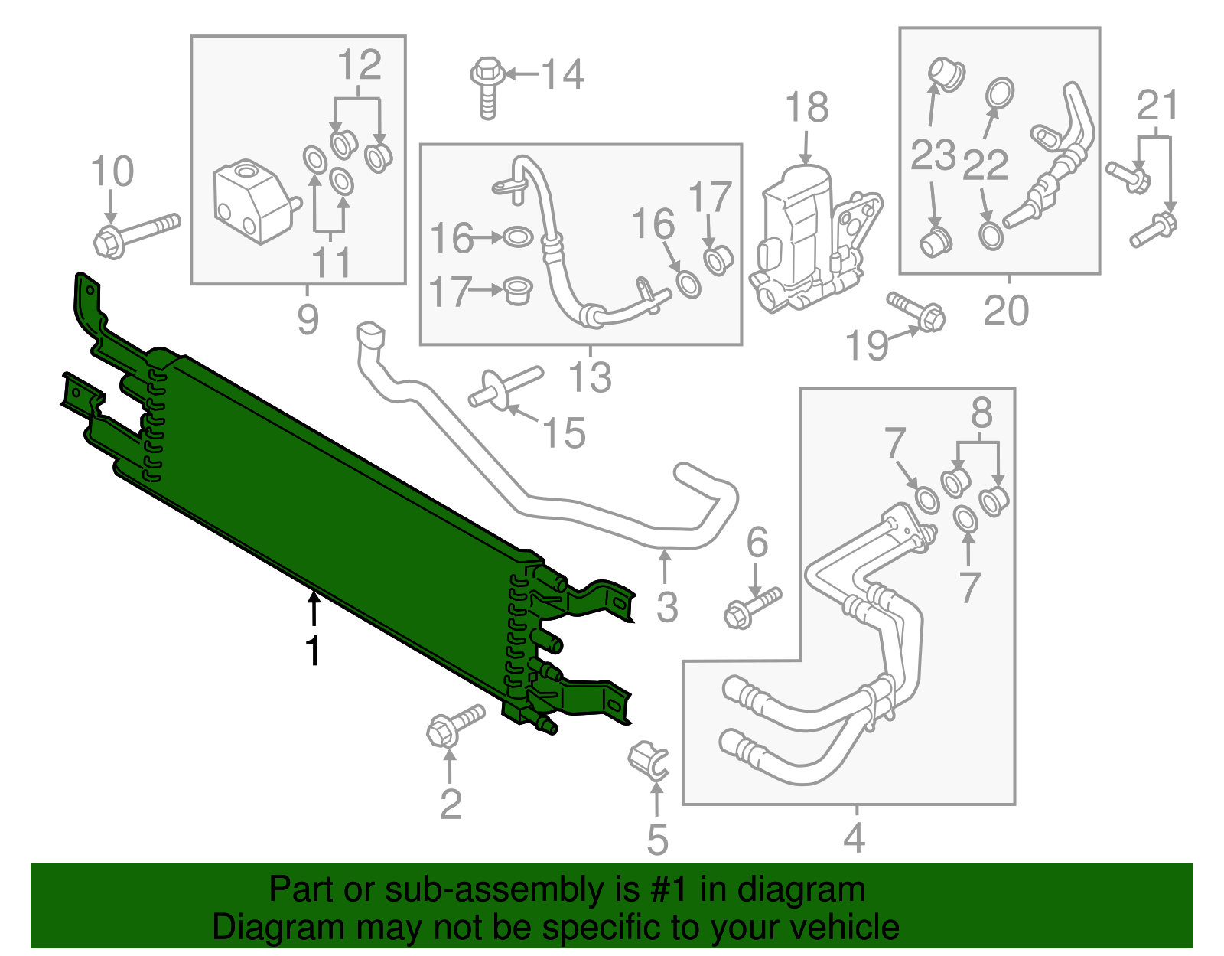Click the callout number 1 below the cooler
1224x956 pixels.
312,651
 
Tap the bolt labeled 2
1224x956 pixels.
454,724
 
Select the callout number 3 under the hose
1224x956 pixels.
667,608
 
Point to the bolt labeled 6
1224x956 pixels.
751,608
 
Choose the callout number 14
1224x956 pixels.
562,75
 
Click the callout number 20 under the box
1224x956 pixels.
1006,311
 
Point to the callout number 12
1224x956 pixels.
359,65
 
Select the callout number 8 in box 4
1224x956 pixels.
981,414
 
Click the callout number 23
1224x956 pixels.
933,156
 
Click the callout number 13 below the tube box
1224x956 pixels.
590,377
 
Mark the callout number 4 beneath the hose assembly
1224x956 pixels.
855,837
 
